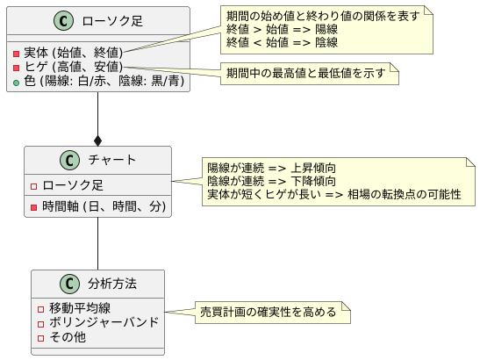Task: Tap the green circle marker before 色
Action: click(18, 81)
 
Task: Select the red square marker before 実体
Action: click(18, 52)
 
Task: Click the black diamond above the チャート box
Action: click(97, 140)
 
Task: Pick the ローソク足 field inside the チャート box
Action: click(73, 185)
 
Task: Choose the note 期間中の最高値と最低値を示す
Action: click(307, 73)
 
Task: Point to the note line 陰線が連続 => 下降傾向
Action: click(271, 180)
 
